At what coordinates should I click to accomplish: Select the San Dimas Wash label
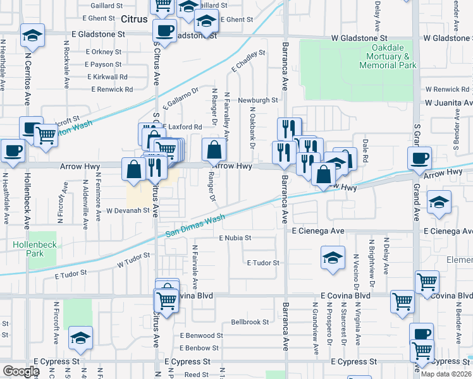195,226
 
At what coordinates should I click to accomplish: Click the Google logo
21,371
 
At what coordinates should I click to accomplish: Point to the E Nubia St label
235,238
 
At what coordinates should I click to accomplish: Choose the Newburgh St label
258,100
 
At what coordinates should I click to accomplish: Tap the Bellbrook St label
250,322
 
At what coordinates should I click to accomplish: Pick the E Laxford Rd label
182,127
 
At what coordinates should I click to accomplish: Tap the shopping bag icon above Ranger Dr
214,150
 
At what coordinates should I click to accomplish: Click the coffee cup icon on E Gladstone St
165,30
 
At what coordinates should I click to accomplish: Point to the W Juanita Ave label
448,102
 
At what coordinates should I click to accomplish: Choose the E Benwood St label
202,335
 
